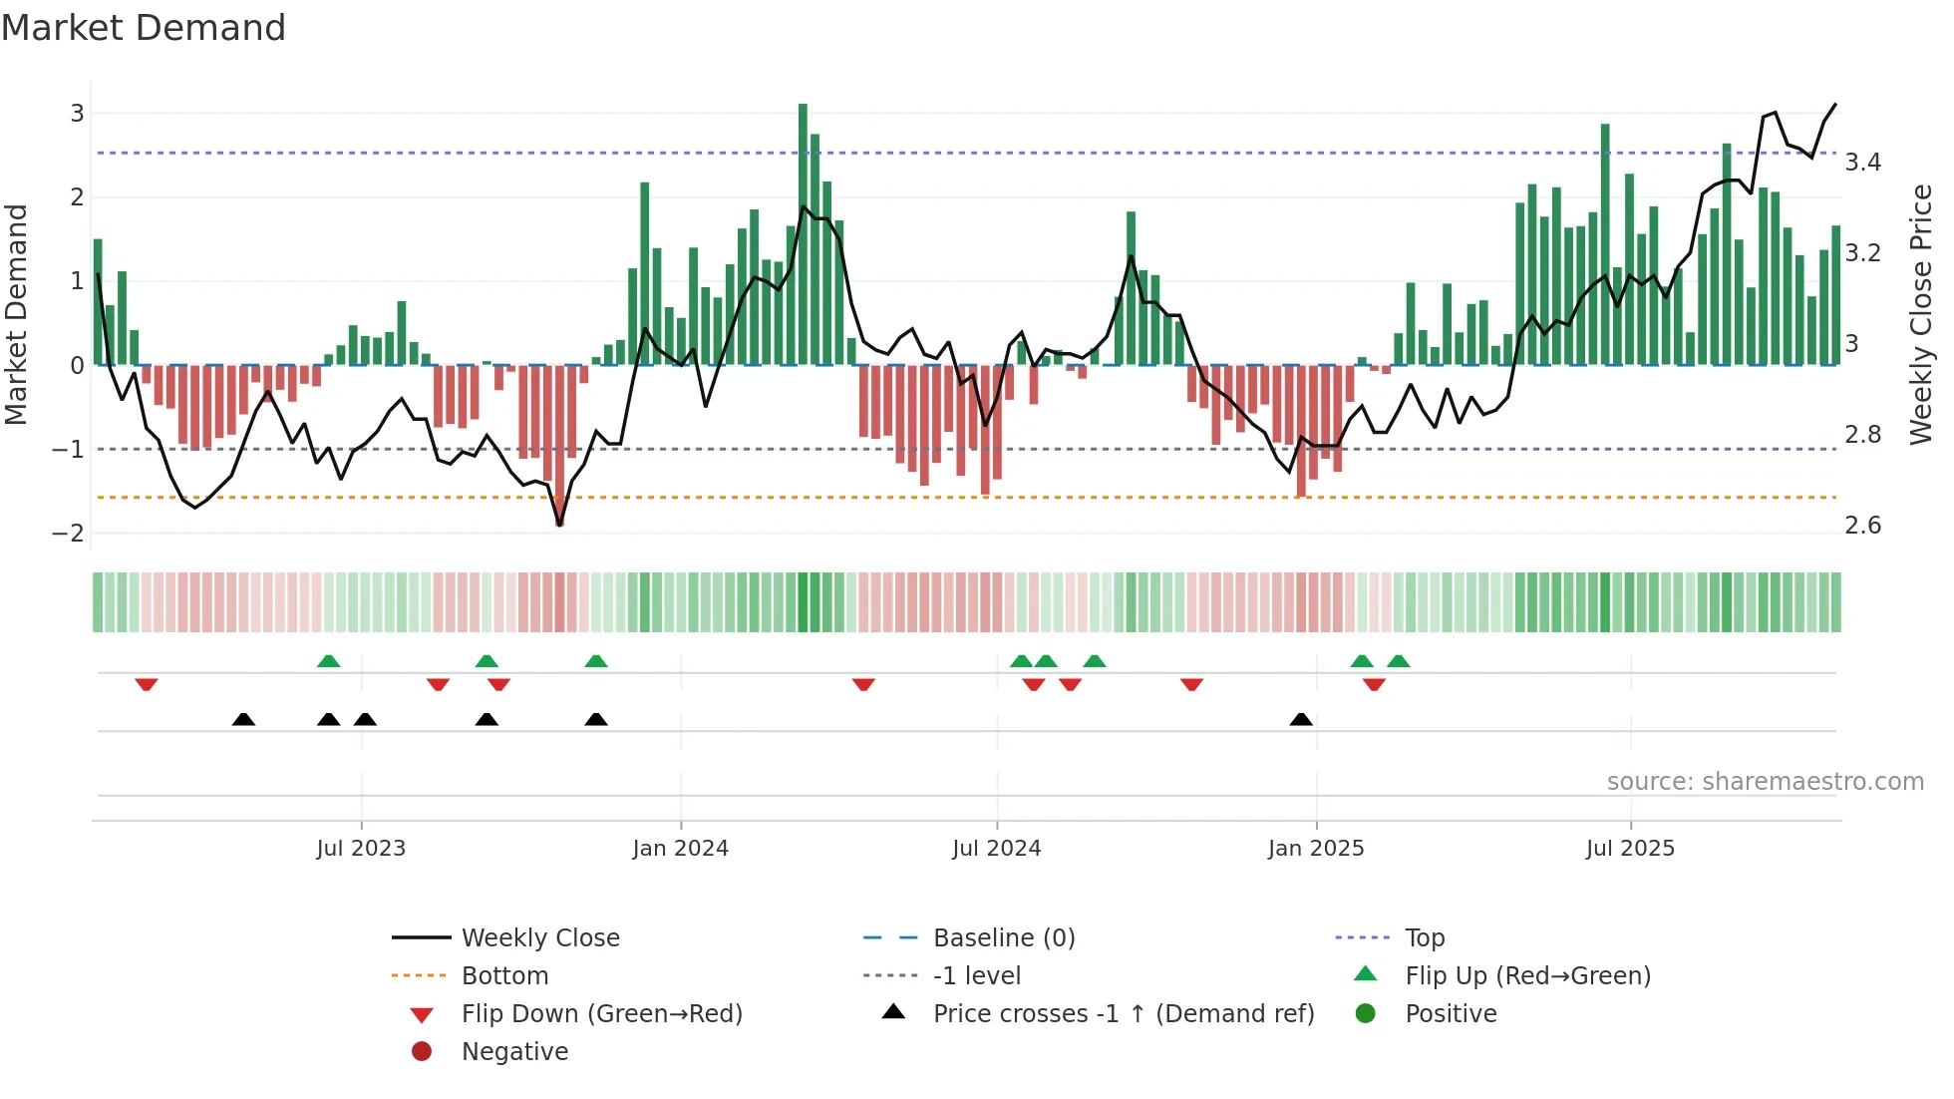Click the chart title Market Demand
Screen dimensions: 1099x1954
(144, 28)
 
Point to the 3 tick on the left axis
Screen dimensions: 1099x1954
(77, 114)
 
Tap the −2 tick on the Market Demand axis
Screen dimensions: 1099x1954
(68, 533)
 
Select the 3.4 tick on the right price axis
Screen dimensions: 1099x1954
(1862, 163)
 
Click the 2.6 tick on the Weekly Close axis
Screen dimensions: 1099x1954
(1862, 526)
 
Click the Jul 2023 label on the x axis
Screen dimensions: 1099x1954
(361, 849)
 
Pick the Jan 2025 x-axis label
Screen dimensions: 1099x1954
(1316, 849)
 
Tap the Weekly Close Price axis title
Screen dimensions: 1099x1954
(1920, 314)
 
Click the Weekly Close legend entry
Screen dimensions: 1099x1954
(539, 938)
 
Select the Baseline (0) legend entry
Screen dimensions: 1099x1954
(1003, 938)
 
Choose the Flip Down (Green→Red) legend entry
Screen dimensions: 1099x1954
(601, 1014)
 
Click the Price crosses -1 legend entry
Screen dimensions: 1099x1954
(1123, 1014)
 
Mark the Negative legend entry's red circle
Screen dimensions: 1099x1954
(422, 1052)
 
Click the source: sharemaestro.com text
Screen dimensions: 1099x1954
(1765, 782)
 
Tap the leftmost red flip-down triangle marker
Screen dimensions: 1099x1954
(147, 684)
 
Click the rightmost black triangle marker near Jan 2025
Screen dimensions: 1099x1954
(1301, 719)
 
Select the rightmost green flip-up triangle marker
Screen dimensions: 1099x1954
(1399, 661)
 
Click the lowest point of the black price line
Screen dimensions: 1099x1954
(559, 525)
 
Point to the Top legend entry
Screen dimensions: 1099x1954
(1424, 938)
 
